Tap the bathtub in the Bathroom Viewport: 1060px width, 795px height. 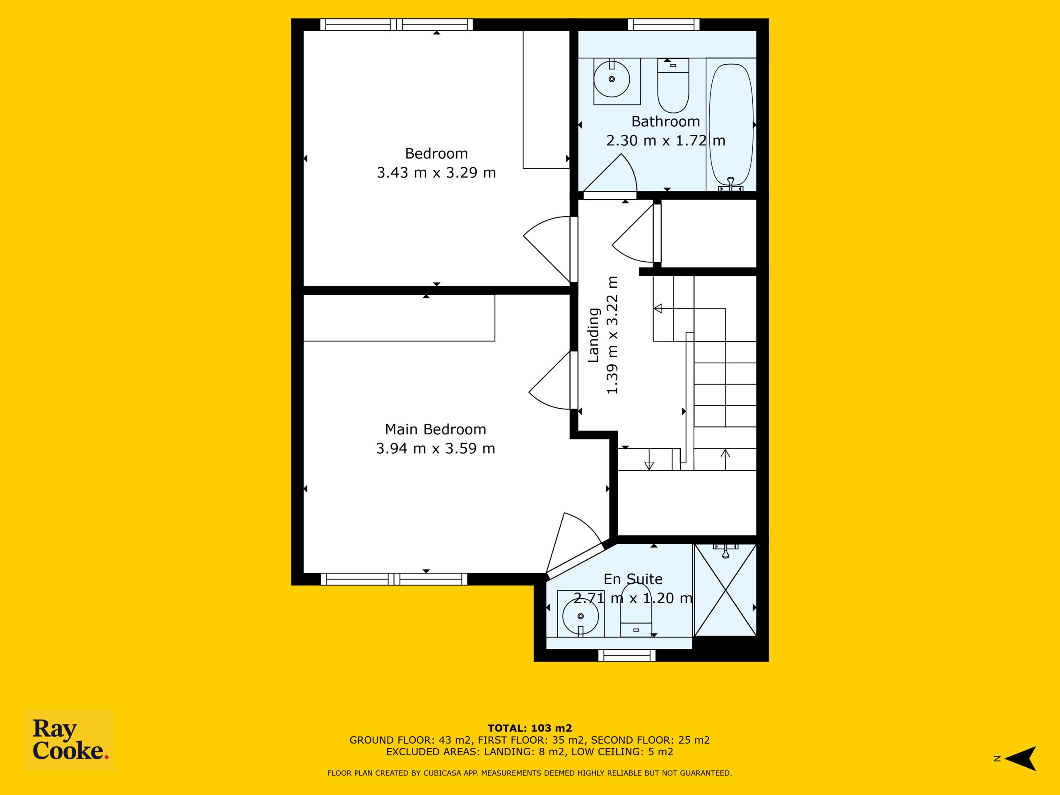click(x=731, y=125)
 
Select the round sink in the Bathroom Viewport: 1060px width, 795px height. click(x=612, y=79)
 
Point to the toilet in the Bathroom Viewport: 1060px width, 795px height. click(x=673, y=85)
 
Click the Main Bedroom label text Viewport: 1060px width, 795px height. click(x=435, y=429)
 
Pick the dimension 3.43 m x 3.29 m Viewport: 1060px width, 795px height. click(x=436, y=173)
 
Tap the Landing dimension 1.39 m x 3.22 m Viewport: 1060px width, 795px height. click(x=613, y=335)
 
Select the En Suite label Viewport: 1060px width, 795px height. click(x=633, y=579)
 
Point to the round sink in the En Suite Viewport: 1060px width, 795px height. click(x=581, y=616)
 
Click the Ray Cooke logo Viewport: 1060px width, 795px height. click(x=69, y=740)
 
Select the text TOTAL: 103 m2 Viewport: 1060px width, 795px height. click(x=530, y=728)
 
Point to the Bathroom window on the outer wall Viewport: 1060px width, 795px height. click(x=664, y=24)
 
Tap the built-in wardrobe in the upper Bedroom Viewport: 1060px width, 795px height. click(x=546, y=100)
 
